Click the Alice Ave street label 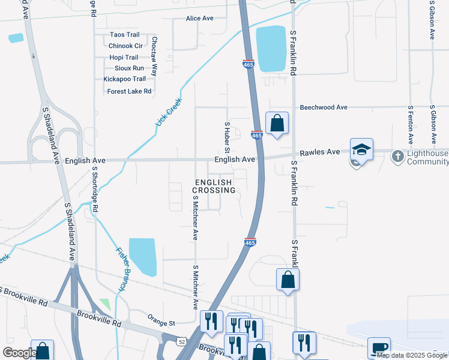coord(200,19)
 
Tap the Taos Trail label coord(124,35)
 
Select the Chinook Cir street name coord(125,46)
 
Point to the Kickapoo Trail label coord(124,79)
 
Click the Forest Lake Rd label coord(129,91)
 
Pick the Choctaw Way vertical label coord(154,56)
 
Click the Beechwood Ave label coord(324,107)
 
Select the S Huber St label coord(228,136)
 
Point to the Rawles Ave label coord(324,152)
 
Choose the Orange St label coord(160,322)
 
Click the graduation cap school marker coord(362,149)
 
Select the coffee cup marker coord(379,347)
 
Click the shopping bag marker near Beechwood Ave coord(277,123)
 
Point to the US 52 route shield coord(181,341)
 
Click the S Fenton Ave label coord(411,125)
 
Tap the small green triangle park coord(105,304)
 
